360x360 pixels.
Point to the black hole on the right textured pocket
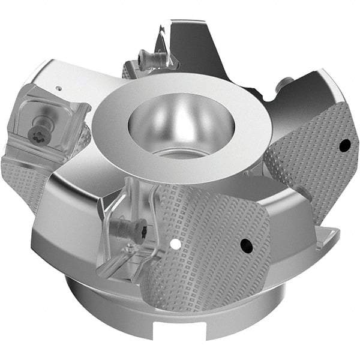pyautogui.click(x=344, y=145)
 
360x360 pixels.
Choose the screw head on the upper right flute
pyautogui.click(x=286, y=83)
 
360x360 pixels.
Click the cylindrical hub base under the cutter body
pyautogui.click(x=108, y=312)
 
